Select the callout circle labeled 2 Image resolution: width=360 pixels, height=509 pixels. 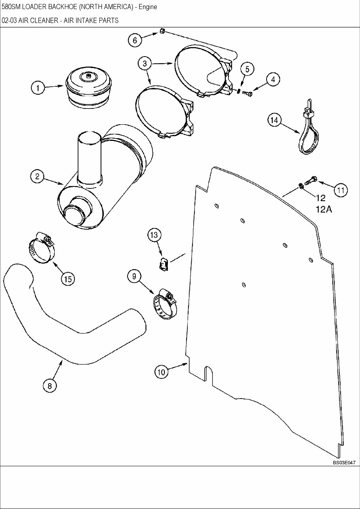coord(37,177)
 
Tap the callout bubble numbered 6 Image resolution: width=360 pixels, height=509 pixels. coord(135,40)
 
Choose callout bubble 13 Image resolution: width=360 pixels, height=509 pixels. coord(154,235)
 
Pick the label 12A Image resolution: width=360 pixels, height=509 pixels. coord(324,209)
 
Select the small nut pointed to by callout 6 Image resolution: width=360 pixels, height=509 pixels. coord(162,31)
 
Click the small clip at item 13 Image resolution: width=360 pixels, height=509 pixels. coord(164,264)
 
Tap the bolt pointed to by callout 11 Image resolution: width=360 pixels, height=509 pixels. coord(312,179)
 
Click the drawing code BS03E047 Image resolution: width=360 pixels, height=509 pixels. coord(344,462)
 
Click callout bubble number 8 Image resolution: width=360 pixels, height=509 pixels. coord(50,386)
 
